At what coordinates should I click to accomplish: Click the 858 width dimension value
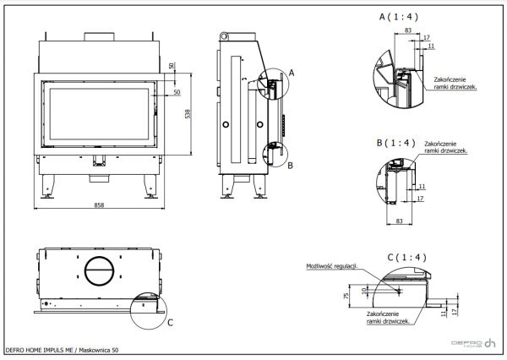pyautogui.click(x=99, y=205)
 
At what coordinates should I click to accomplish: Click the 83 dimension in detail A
pyautogui.click(x=409, y=30)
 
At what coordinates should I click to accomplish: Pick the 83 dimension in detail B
pyautogui.click(x=397, y=221)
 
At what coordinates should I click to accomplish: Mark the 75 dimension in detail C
pyautogui.click(x=347, y=297)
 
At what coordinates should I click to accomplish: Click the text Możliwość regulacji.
pyautogui.click(x=332, y=265)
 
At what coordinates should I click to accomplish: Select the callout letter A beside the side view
pyautogui.click(x=291, y=74)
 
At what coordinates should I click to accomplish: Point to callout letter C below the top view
pyautogui.click(x=171, y=322)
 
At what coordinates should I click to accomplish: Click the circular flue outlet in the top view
pyautogui.click(x=99, y=271)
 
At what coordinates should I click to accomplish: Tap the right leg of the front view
pyautogui.click(x=151, y=183)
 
